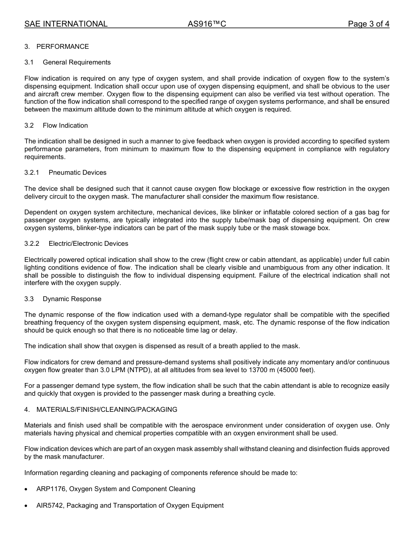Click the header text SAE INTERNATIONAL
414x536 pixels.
pos(66,24)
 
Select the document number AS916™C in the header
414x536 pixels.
pos(207,24)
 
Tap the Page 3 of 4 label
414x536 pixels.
pos(368,24)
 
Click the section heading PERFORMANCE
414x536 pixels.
pos(62,47)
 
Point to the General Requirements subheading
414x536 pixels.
pos(77,62)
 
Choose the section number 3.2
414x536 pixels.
pos(29,126)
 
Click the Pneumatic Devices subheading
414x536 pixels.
pos(78,173)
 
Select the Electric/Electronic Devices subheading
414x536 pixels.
pos(88,244)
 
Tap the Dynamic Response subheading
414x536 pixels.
pos(72,299)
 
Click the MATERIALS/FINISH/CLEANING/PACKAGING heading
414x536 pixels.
pos(107,410)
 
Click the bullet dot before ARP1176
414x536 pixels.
pos(26,489)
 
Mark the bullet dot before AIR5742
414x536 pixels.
pos(26,506)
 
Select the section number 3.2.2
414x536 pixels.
pos(32,244)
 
